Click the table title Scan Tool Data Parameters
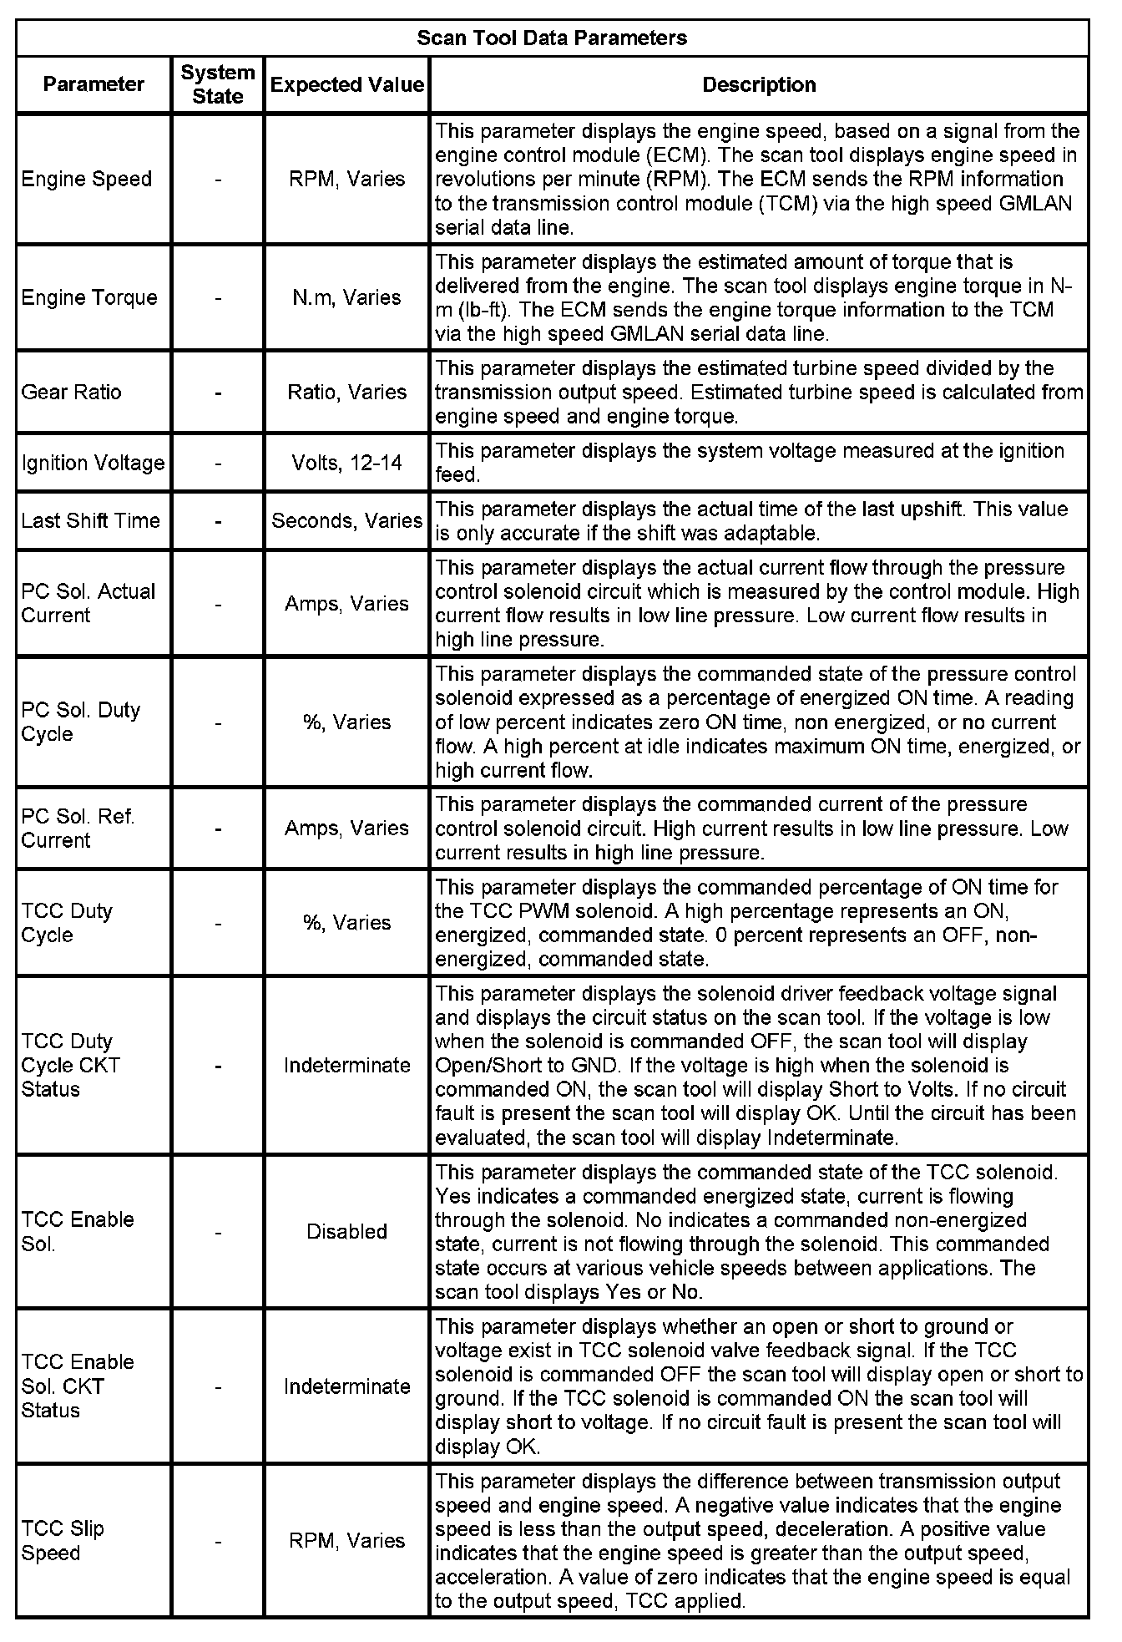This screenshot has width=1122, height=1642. pyautogui.click(x=552, y=38)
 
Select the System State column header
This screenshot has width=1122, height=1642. pyautogui.click(x=217, y=84)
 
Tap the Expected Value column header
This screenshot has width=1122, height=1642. pyautogui.click(x=346, y=84)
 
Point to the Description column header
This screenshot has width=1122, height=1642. pyautogui.click(x=759, y=84)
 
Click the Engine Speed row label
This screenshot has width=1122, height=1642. pyautogui.click(x=87, y=179)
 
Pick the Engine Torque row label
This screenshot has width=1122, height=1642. pyautogui.click(x=89, y=297)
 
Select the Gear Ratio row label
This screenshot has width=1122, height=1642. pyautogui.click(x=72, y=392)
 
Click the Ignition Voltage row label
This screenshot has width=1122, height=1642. pyautogui.click(x=93, y=463)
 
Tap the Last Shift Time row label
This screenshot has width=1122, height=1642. pyautogui.click(x=90, y=520)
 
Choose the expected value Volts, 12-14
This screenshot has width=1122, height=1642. pyautogui.click(x=346, y=463)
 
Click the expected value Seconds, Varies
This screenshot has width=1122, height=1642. pyautogui.click(x=346, y=520)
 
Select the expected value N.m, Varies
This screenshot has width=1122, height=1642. pyautogui.click(x=346, y=297)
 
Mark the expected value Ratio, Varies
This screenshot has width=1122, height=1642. pyautogui.click(x=346, y=392)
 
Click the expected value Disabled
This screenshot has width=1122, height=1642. pyautogui.click(x=346, y=1231)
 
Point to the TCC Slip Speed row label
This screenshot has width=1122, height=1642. pyautogui.click(x=63, y=1541)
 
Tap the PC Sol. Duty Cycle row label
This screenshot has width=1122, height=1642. pyautogui.click(x=80, y=722)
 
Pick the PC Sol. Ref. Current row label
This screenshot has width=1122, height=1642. pyautogui.click(x=78, y=828)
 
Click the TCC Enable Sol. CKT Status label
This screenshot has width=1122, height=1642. pyautogui.click(x=78, y=1386)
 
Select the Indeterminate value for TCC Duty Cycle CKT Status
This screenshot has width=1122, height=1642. pyautogui.click(x=346, y=1065)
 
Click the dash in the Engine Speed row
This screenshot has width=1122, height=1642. pyautogui.click(x=217, y=179)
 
